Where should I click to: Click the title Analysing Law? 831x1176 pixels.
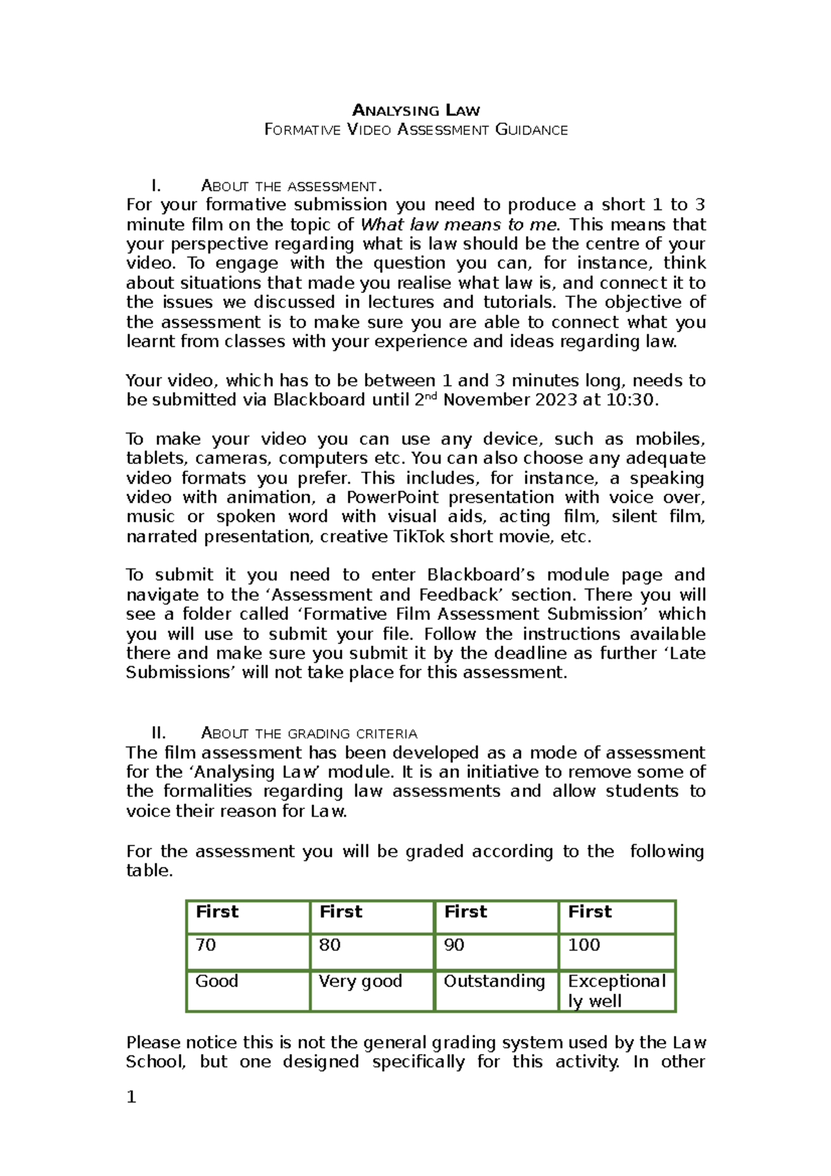[415, 110]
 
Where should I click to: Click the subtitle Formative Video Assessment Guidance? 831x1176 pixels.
[415, 130]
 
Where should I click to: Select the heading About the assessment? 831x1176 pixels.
[291, 186]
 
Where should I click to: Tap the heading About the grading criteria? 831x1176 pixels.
[309, 733]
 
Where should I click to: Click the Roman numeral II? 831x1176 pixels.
[159, 733]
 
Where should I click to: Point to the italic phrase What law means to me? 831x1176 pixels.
[458, 224]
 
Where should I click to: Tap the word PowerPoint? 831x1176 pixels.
[392, 497]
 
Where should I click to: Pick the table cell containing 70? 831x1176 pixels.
[248, 951]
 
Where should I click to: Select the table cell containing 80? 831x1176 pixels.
[372, 951]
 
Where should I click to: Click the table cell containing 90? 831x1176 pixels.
[496, 951]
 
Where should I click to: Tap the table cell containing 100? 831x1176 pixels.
[616, 951]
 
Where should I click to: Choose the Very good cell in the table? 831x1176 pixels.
[372, 990]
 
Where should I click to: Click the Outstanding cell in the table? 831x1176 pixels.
[496, 990]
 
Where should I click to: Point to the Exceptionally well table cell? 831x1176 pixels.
[616, 990]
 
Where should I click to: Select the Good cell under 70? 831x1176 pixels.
[248, 990]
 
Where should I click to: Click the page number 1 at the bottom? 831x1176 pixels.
[132, 1097]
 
